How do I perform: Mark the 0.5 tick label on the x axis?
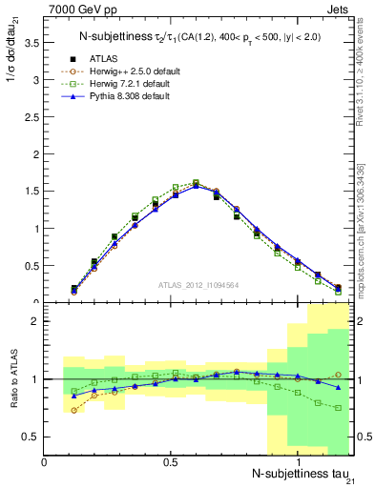[x=170, y=461]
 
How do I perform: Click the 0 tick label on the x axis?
[x=45, y=461]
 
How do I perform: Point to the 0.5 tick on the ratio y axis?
[x=31, y=437]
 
